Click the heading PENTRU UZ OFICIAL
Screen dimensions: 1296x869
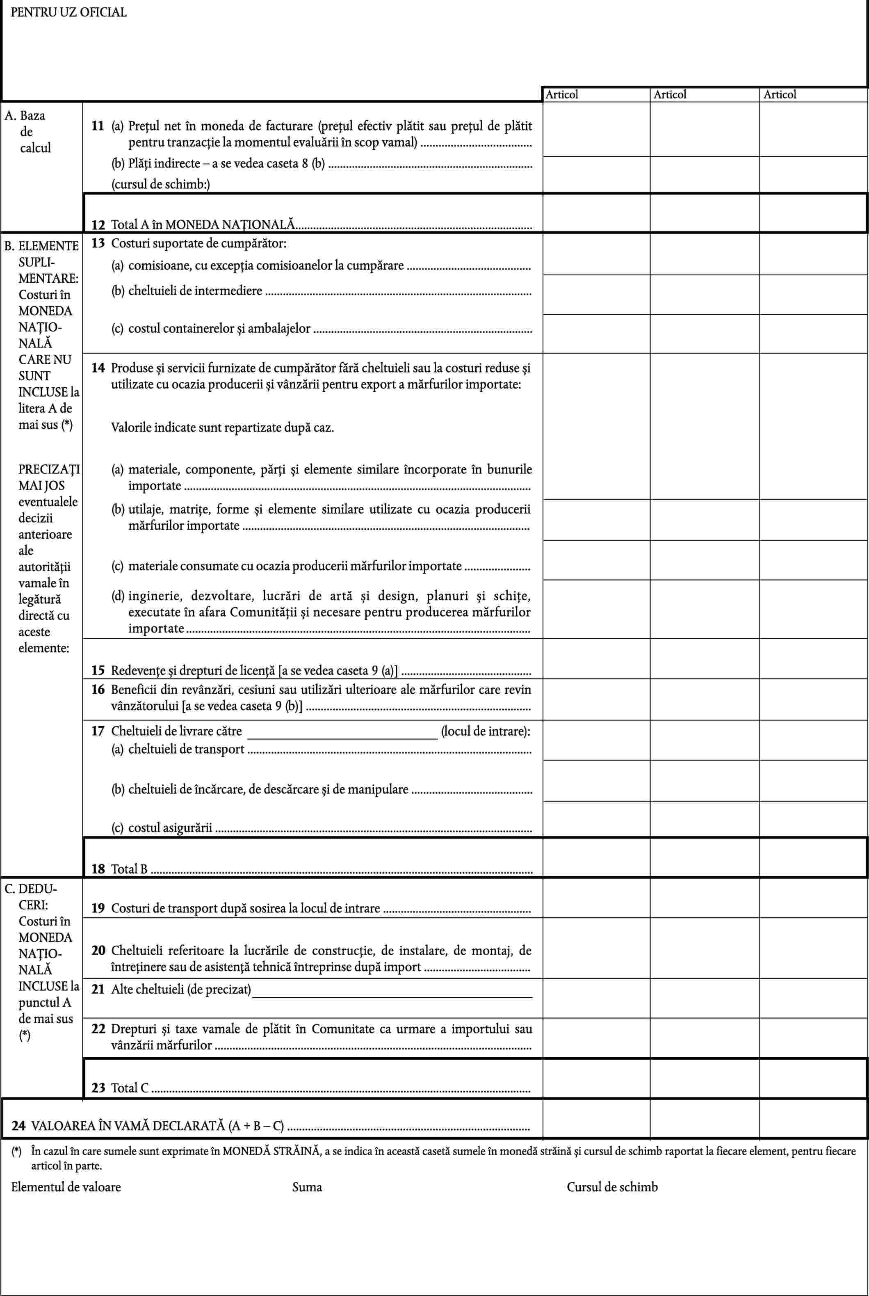(69, 12)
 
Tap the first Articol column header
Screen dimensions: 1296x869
(561, 95)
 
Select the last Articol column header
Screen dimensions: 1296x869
(779, 95)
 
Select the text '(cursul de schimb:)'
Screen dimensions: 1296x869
(161, 185)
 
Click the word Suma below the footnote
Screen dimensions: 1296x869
(307, 1187)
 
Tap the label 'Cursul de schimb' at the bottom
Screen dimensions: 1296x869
(612, 1187)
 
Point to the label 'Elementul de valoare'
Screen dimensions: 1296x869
(66, 1187)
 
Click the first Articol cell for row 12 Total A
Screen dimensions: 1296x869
(596, 213)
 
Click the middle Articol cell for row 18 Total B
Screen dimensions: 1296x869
(705, 857)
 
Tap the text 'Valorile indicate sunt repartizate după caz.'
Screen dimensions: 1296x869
(222, 428)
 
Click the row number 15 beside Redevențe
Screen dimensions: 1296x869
(98, 671)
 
